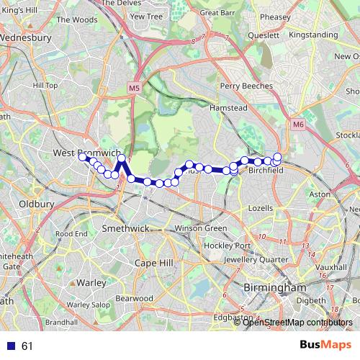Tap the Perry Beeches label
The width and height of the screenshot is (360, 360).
[x=247, y=86]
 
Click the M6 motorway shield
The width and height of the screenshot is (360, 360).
[x=298, y=125]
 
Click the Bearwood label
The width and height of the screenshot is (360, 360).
[x=135, y=297]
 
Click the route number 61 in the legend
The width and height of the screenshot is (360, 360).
[x=27, y=346]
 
